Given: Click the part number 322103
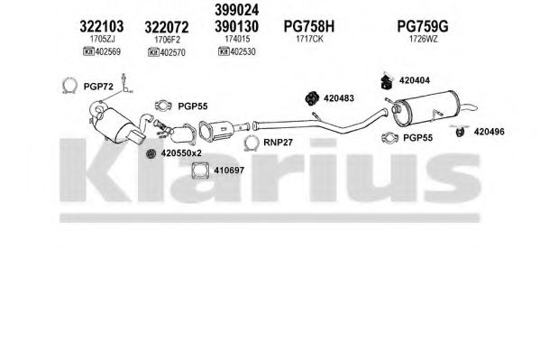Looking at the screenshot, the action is [x=101, y=26].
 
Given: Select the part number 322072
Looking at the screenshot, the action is [x=167, y=27].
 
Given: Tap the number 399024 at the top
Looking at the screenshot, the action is [x=236, y=10].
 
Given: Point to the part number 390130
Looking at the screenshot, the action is [x=236, y=26].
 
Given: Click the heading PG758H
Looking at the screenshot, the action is [x=309, y=26].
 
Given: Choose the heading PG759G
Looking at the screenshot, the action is [x=423, y=26].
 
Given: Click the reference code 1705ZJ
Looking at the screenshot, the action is [x=102, y=39].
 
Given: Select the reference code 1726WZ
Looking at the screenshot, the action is [x=423, y=39].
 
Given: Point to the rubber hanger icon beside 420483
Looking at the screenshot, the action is [x=312, y=98].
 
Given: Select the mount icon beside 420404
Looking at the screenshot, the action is [x=388, y=81].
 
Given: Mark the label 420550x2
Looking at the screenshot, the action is [x=181, y=153].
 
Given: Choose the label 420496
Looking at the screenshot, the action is [x=489, y=132].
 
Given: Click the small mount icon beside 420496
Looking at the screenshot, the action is [x=460, y=132].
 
